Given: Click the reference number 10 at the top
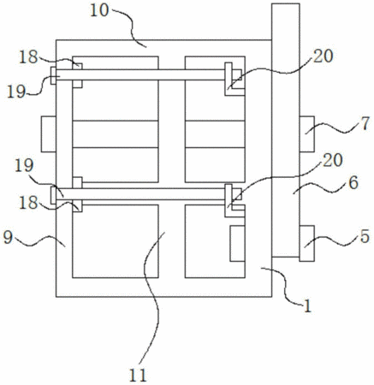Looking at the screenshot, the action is click(99, 10).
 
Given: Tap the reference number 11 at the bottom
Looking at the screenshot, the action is click(138, 375).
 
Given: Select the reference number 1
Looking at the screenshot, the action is click(307, 306).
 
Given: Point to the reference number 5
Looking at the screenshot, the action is click(365, 236).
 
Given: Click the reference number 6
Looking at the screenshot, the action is click(353, 182).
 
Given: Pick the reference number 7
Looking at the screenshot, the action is click(365, 124).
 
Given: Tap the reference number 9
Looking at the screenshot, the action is click(8, 237).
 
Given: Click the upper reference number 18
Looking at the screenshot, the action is click(28, 57).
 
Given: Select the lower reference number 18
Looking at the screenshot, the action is click(28, 203).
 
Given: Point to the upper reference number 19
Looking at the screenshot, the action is click(16, 92).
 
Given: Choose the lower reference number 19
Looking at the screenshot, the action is click(24, 166).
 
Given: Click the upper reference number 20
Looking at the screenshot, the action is click(324, 56).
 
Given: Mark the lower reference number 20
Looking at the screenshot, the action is click(333, 160).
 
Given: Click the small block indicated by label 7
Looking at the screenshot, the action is click(307, 133).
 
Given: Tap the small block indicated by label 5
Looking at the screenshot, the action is click(307, 243).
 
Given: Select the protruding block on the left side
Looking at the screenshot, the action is click(49, 133).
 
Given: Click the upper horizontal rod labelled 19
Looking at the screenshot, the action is click(142, 74).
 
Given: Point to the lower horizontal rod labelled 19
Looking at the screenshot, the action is click(142, 194).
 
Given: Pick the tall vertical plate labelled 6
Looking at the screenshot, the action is click(286, 130).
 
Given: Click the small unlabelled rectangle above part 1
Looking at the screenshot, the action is click(238, 244).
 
